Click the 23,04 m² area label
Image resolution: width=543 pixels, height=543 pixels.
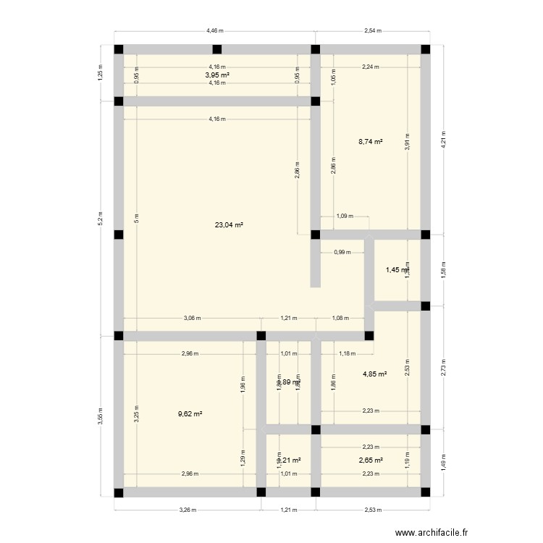pos(229,225)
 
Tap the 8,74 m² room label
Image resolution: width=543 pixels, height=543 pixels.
pos(371,143)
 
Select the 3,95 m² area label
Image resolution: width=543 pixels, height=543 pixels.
pos(216,75)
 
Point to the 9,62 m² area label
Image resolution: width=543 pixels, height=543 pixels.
pos(190,414)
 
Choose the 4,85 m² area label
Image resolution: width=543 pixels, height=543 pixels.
pos(374,374)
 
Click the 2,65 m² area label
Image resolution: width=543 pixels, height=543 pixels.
pos(370,460)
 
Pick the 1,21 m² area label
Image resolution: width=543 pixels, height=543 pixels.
pos(289,460)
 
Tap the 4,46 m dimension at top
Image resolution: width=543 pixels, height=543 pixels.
pos(214,31)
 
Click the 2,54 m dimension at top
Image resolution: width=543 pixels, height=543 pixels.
pos(372,31)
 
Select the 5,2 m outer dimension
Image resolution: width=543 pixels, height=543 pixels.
pos(101,217)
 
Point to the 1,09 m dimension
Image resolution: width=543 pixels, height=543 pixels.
pos(345,216)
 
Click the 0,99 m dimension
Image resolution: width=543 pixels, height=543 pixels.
pos(342,253)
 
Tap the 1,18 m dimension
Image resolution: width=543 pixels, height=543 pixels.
pos(348,353)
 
